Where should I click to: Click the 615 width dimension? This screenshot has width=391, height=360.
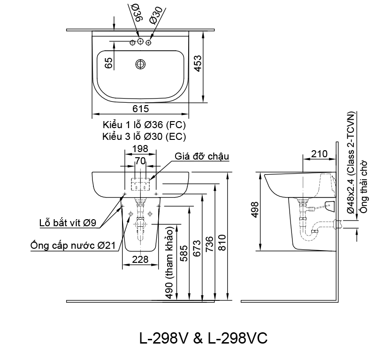point(140,109)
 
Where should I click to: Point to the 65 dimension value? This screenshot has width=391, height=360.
point(109,63)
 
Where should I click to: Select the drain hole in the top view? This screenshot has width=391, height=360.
point(140,64)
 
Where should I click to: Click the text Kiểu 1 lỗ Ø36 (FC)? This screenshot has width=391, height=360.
point(144,125)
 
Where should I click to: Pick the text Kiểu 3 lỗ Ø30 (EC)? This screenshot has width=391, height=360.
point(144,137)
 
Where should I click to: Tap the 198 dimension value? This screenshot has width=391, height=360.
point(140,149)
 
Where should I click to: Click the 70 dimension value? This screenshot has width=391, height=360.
point(140,161)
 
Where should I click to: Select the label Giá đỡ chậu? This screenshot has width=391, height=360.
point(202,156)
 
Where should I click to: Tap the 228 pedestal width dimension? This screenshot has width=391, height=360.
point(140,260)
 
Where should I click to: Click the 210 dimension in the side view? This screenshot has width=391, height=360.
point(319,153)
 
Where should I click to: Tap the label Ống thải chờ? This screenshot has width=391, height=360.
point(364,187)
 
